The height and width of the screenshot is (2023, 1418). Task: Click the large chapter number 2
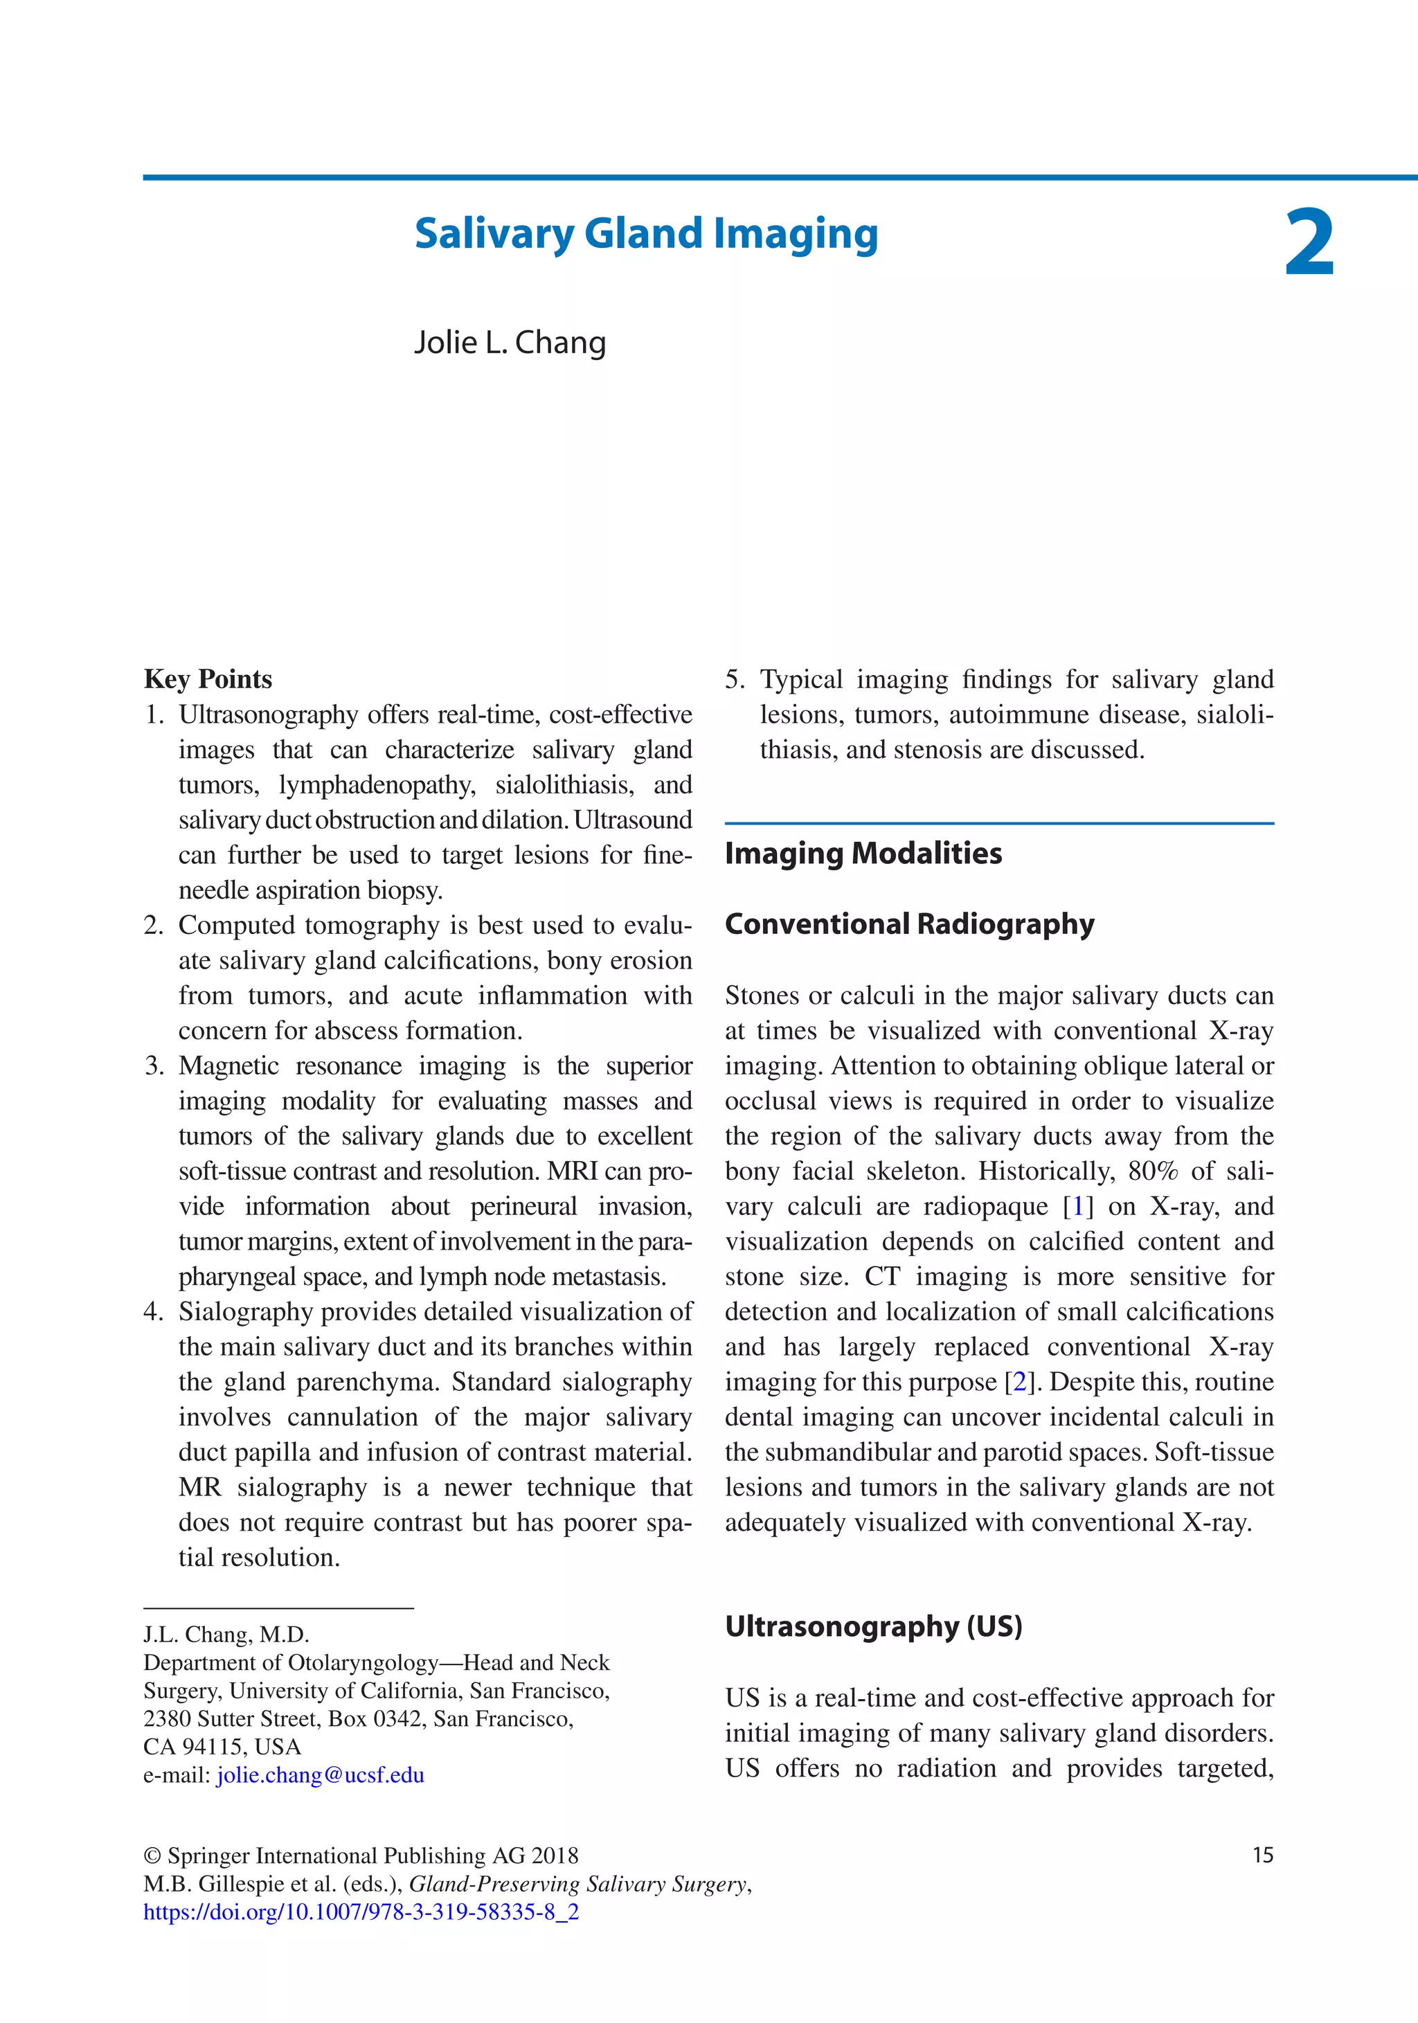pyautogui.click(x=1309, y=242)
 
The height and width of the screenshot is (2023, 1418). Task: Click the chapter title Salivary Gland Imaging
pyautogui.click(x=646, y=235)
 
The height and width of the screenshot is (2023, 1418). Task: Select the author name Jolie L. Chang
pyautogui.click(x=510, y=343)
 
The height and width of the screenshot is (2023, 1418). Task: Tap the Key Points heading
pyautogui.click(x=208, y=679)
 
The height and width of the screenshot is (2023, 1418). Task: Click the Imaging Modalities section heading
pyautogui.click(x=863, y=853)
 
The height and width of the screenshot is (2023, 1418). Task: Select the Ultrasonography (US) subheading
pyautogui.click(x=872, y=1626)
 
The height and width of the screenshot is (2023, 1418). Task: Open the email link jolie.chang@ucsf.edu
pyautogui.click(x=320, y=1774)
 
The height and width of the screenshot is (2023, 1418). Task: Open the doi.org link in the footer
pyautogui.click(x=361, y=1912)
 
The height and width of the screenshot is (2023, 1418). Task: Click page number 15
pyautogui.click(x=1262, y=1855)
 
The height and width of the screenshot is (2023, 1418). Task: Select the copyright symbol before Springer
pyautogui.click(x=152, y=1855)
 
